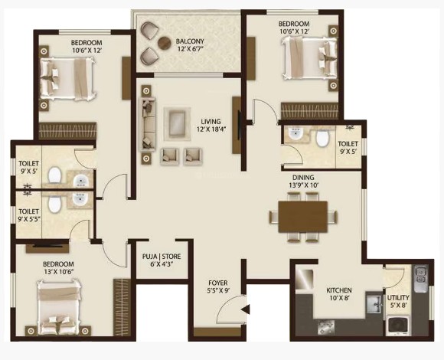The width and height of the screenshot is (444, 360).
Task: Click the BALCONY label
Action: coord(190,41)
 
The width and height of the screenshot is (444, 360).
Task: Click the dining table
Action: coord(303,217)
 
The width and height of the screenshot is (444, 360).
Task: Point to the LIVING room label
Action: coord(211,122)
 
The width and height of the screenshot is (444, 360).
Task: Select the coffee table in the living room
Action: coord(177,124)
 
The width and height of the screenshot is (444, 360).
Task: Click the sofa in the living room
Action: coord(147,123)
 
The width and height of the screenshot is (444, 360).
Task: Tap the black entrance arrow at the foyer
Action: coord(246,309)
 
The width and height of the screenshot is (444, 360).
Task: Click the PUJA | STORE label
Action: coord(162,257)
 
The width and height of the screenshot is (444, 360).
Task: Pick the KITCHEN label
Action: coord(339,290)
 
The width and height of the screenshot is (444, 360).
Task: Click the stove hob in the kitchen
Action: coord(326,327)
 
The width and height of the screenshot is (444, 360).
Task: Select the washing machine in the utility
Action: coord(398,326)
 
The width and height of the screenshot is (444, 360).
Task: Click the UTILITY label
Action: coord(398,298)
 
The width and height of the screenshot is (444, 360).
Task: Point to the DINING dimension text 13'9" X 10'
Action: coord(303,185)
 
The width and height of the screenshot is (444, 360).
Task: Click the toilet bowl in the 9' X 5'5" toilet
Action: coord(54,205)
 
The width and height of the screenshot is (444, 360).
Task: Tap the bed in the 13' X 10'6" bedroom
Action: coord(59,306)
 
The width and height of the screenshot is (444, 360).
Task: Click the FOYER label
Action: coord(217,283)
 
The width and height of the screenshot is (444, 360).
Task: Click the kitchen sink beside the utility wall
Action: coord(374,304)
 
